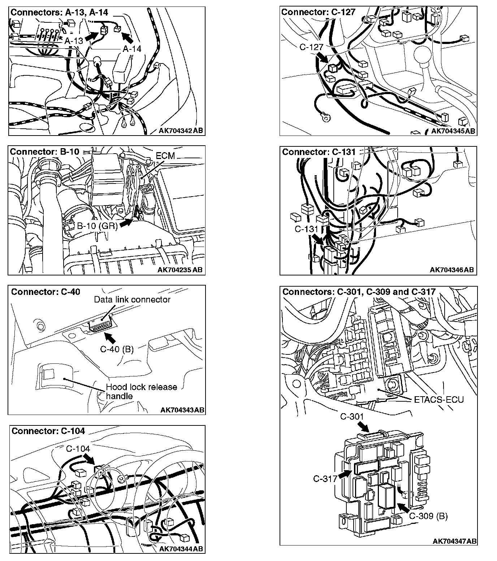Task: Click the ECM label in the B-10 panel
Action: tap(165, 156)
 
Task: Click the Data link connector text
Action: tap(132, 300)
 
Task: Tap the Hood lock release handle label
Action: tap(141, 392)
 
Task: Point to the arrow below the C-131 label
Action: tap(318, 239)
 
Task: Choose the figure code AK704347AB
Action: tap(454, 541)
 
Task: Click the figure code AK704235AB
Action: tap(180, 270)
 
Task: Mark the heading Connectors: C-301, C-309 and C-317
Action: tap(359, 292)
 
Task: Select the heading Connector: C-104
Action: tap(48, 431)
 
